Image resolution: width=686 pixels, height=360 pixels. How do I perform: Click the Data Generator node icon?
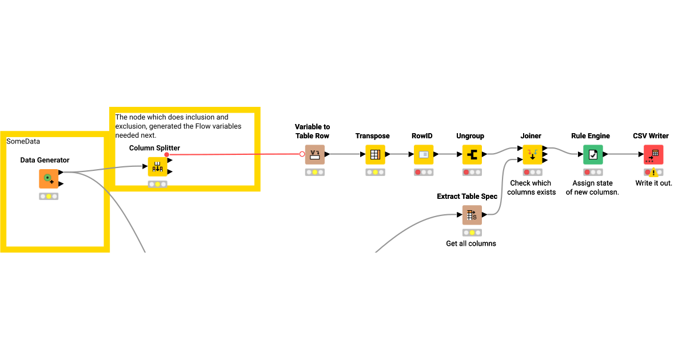point(49,178)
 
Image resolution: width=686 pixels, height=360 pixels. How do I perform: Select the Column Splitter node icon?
point(157,167)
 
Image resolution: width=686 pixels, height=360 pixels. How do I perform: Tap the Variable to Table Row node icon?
point(314,154)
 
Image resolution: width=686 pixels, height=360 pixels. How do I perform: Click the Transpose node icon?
point(375,154)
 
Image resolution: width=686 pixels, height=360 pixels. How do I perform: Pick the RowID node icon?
point(424,154)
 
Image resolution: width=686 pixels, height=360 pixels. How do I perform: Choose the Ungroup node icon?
point(472,154)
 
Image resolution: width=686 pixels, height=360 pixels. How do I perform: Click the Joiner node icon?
point(532,154)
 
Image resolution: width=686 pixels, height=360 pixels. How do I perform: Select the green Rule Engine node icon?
point(593,154)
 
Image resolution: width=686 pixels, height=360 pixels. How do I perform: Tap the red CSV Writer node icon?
point(653,154)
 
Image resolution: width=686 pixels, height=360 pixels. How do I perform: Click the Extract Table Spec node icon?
point(472,215)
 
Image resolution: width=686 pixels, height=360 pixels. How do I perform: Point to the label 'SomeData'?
point(23,141)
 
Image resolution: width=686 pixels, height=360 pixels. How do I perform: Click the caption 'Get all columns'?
point(471,243)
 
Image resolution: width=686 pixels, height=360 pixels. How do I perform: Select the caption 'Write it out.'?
point(653,183)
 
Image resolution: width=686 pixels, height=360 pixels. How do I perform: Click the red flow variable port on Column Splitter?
point(166,154)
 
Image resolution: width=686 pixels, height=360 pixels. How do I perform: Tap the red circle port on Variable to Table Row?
point(302,154)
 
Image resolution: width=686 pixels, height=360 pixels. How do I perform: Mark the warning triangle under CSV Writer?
point(654,173)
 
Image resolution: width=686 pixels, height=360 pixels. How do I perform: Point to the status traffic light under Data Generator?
point(49,196)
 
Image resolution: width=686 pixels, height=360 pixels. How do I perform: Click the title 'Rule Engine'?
point(591,136)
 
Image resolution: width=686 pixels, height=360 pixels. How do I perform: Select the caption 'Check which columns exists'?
point(532,187)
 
